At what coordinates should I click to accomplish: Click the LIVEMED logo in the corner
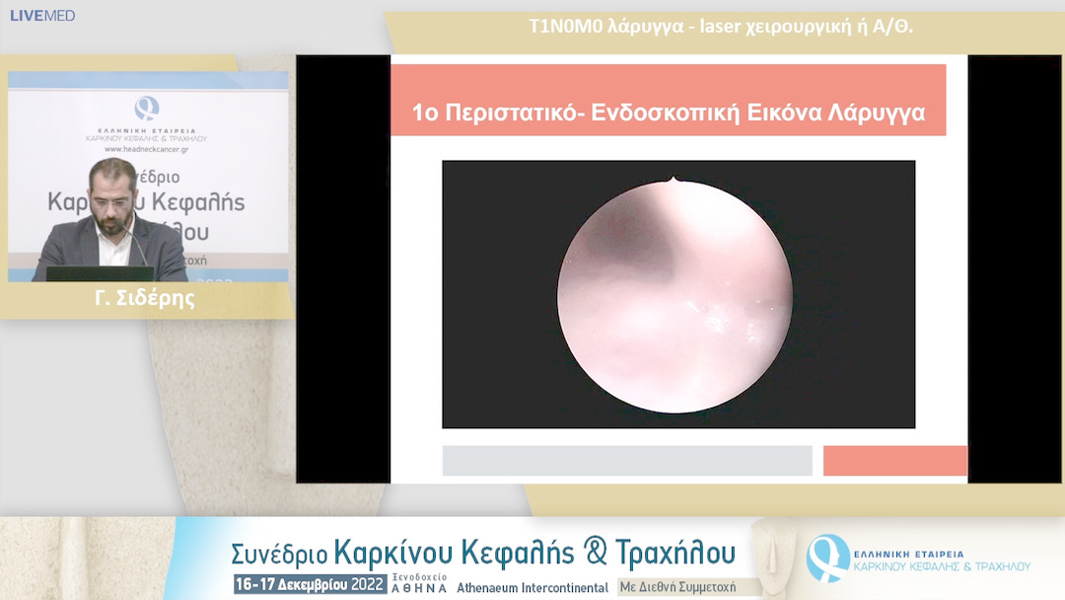click(x=42, y=16)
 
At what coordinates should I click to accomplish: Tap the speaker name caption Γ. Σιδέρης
click(x=145, y=299)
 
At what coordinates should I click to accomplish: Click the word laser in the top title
click(x=723, y=27)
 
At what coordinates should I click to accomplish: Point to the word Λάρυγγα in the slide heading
click(x=878, y=112)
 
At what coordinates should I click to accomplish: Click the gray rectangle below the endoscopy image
click(x=627, y=461)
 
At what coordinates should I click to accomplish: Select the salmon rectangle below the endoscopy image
click(x=894, y=461)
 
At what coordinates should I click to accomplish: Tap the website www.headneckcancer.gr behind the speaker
click(x=147, y=149)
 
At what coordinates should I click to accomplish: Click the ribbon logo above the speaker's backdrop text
click(x=147, y=108)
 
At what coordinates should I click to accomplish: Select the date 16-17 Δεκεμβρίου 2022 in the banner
click(x=309, y=584)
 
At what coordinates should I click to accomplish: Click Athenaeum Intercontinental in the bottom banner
click(x=532, y=586)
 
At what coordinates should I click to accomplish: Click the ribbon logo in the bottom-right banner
click(x=826, y=557)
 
